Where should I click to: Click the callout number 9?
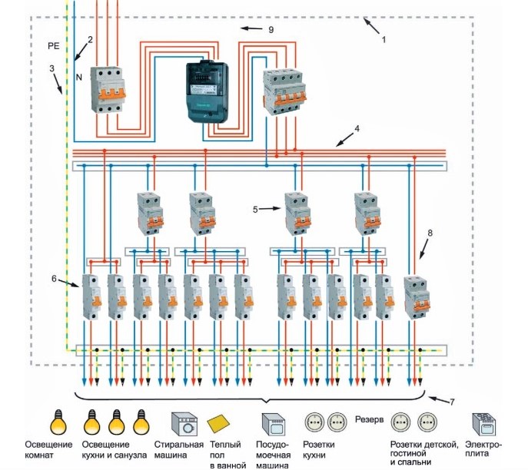[270, 29]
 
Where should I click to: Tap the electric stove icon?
[483, 424]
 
